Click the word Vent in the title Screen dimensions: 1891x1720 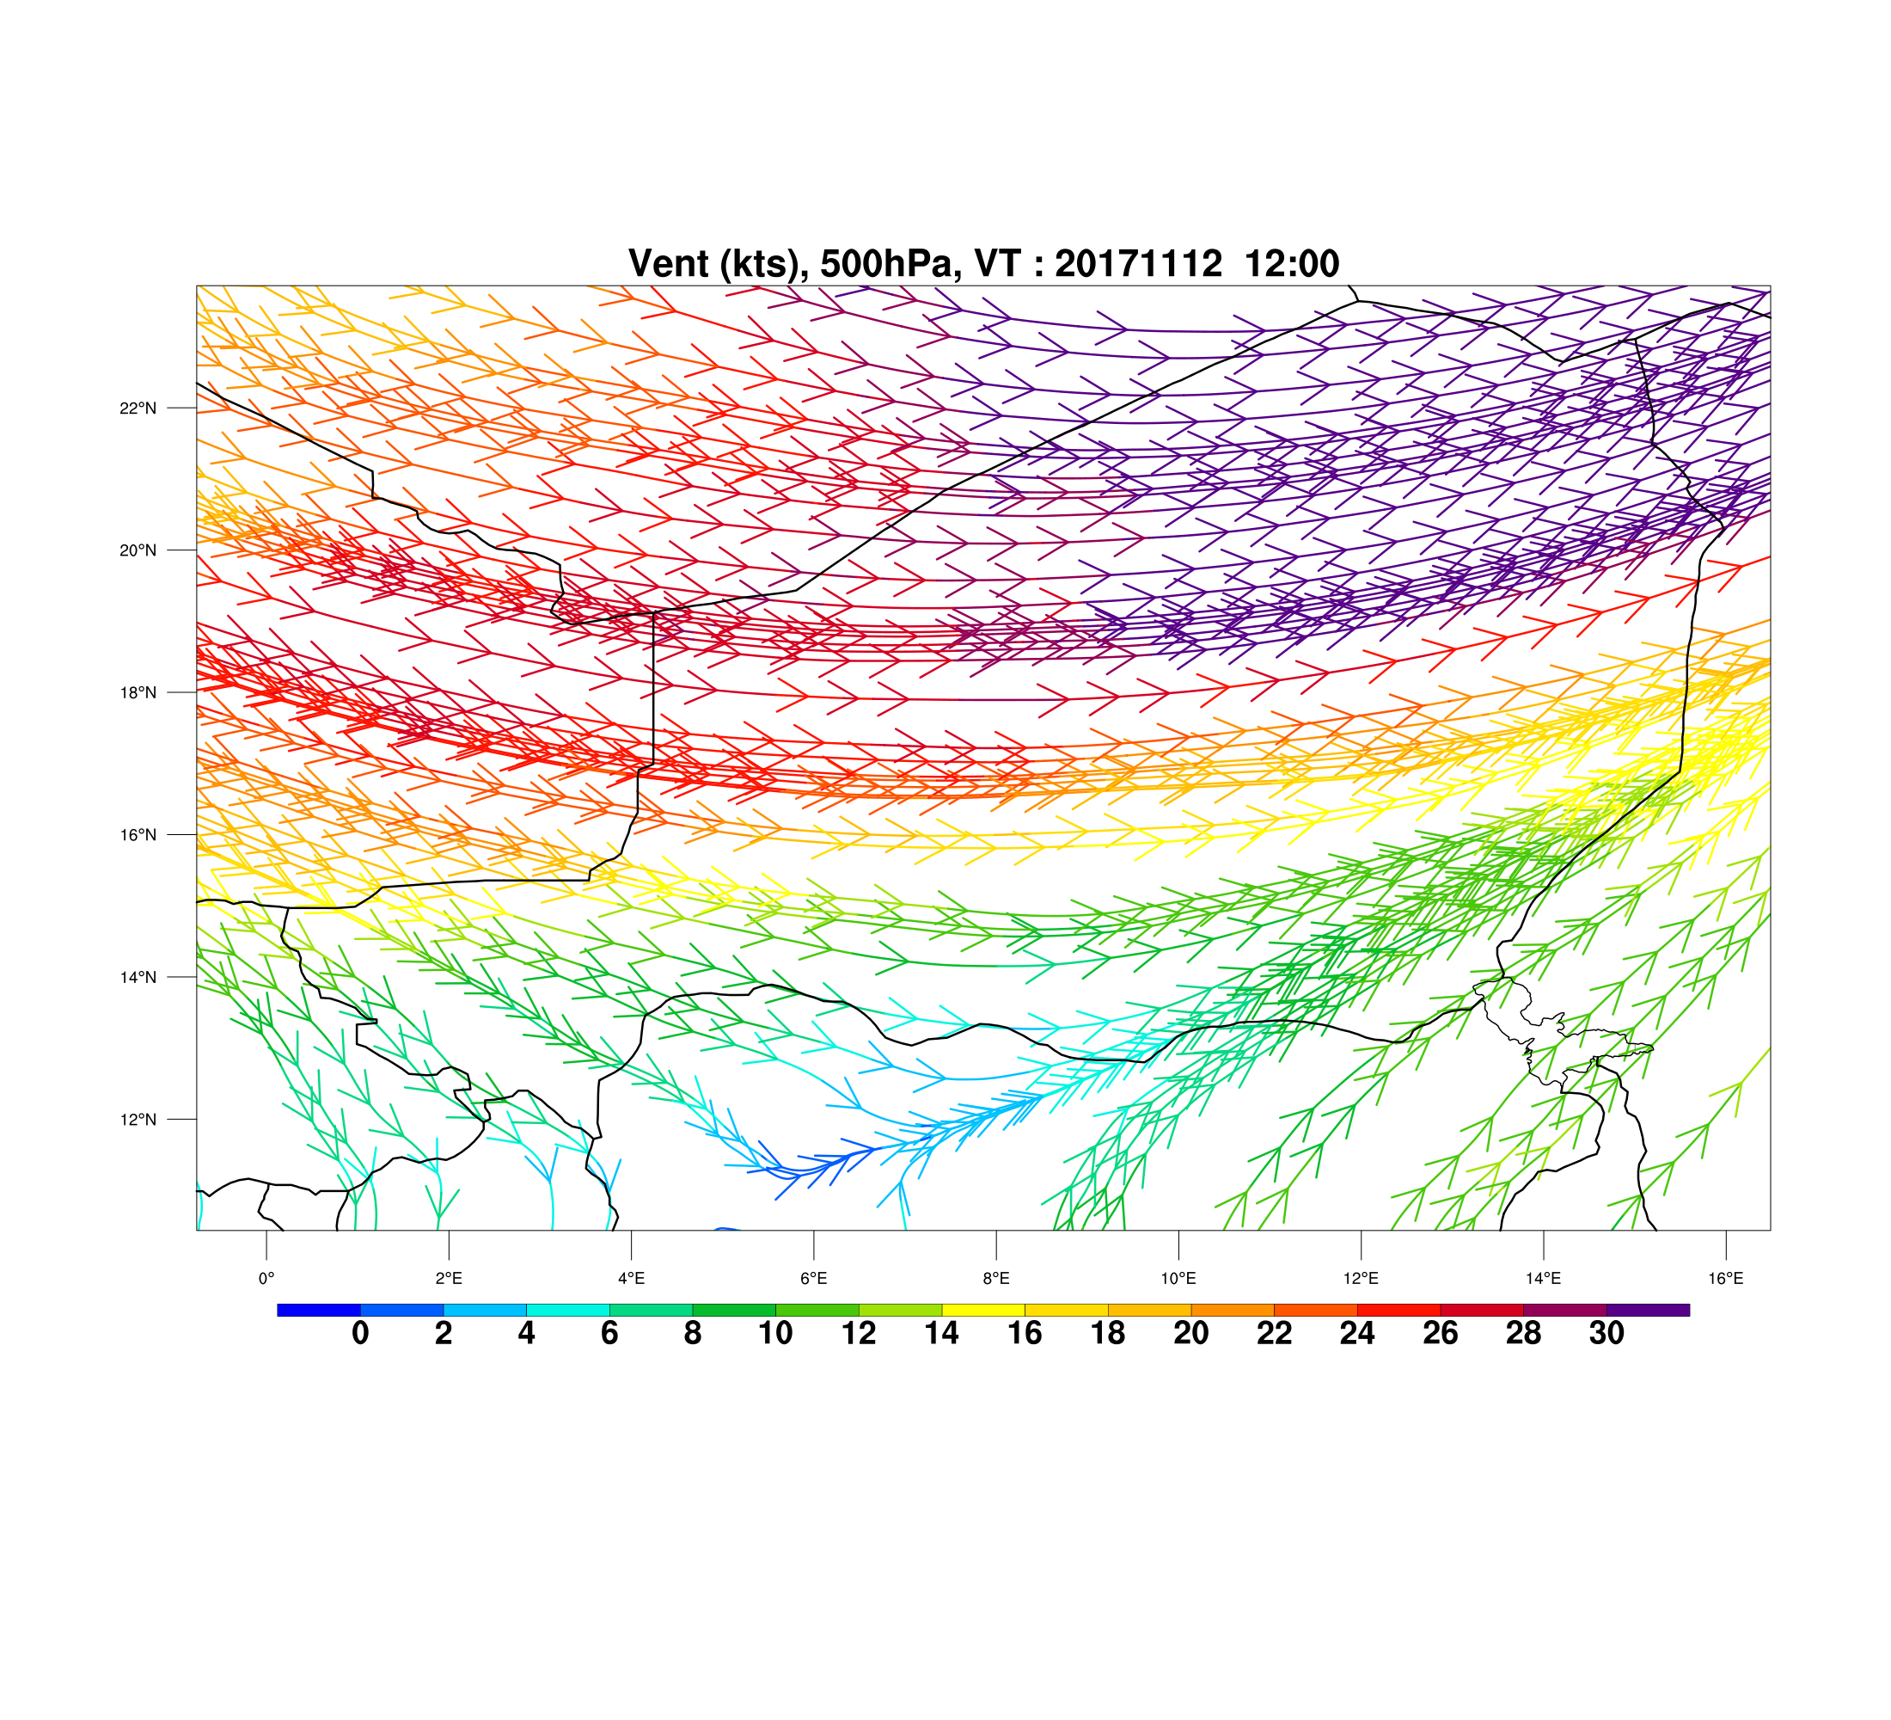tap(669, 264)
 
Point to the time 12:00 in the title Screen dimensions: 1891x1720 tap(1292, 264)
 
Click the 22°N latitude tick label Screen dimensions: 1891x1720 tap(138, 408)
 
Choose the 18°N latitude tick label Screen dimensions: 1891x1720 tap(138, 692)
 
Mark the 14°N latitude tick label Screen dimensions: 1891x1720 tap(138, 977)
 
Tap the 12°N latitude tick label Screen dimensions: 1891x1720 tap(138, 1120)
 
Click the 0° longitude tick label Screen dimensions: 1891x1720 tap(266, 1278)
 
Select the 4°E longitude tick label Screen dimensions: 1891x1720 tap(631, 1278)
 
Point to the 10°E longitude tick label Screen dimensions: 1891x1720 tap(1178, 1278)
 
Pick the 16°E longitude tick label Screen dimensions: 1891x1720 tap(1726, 1278)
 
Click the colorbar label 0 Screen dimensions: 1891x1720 tap(360, 1333)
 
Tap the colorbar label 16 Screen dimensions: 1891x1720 tap(1025, 1333)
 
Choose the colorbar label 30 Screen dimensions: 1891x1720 tap(1606, 1333)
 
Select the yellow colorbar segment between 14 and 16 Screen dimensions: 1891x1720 tap(983, 1310)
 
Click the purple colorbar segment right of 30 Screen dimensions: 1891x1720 tap(1648, 1310)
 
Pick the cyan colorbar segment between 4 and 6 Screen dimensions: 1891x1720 tap(567, 1310)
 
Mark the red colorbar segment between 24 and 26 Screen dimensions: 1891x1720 tap(1398, 1310)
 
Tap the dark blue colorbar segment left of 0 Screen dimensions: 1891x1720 tap(319, 1310)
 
